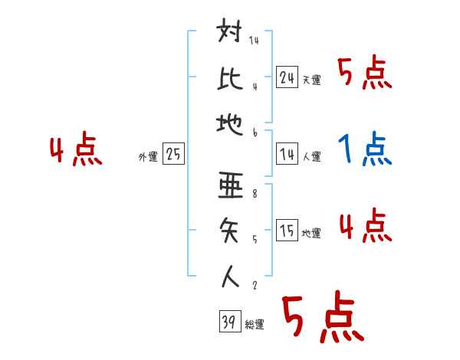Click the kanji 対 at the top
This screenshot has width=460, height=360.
pos(231,35)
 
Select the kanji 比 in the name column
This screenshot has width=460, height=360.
pos(231,77)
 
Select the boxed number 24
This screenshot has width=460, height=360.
pos(287,77)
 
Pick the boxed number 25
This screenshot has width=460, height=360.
pos(173,155)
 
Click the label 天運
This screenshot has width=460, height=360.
pos(312,80)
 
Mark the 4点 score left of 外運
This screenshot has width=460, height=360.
pos(77,150)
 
